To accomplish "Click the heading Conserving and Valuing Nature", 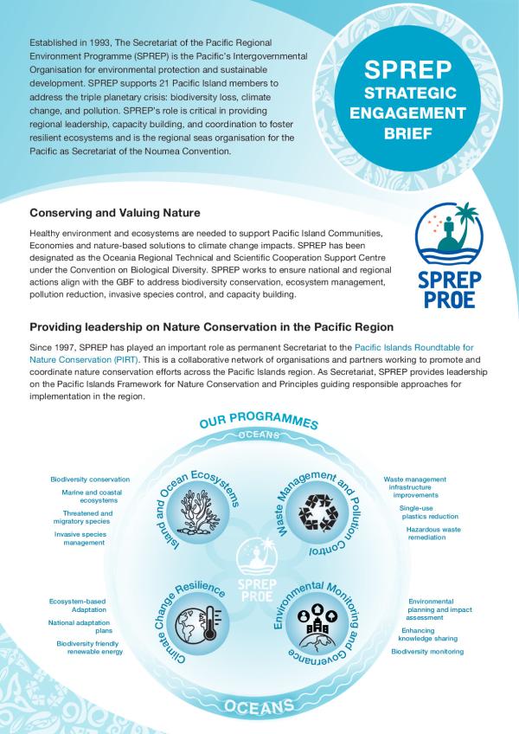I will [x=115, y=213].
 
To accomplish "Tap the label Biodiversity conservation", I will [x=90, y=480].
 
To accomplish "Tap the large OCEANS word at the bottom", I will [x=259, y=707].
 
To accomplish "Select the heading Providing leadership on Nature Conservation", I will [x=212, y=327].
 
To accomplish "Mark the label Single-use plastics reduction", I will [x=422, y=512].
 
